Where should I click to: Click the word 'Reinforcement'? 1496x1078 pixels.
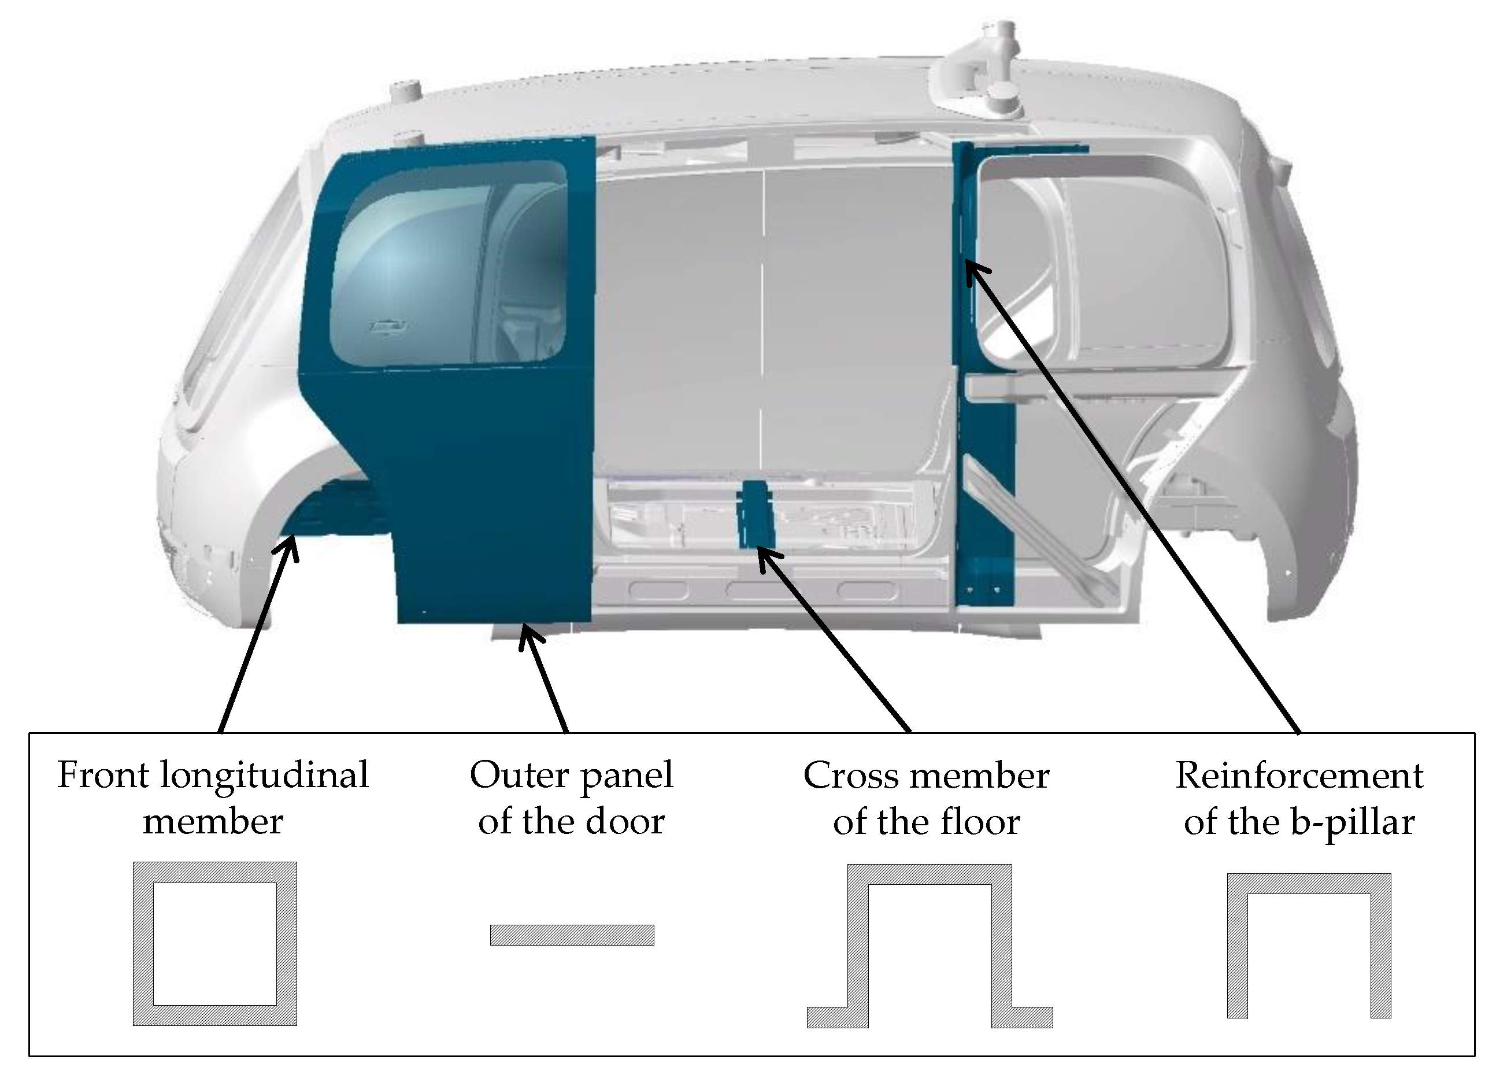(x=1299, y=775)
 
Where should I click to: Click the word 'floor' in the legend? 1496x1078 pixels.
(x=980, y=822)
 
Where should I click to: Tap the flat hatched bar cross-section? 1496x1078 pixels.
(x=572, y=935)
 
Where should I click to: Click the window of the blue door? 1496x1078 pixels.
(x=449, y=264)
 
